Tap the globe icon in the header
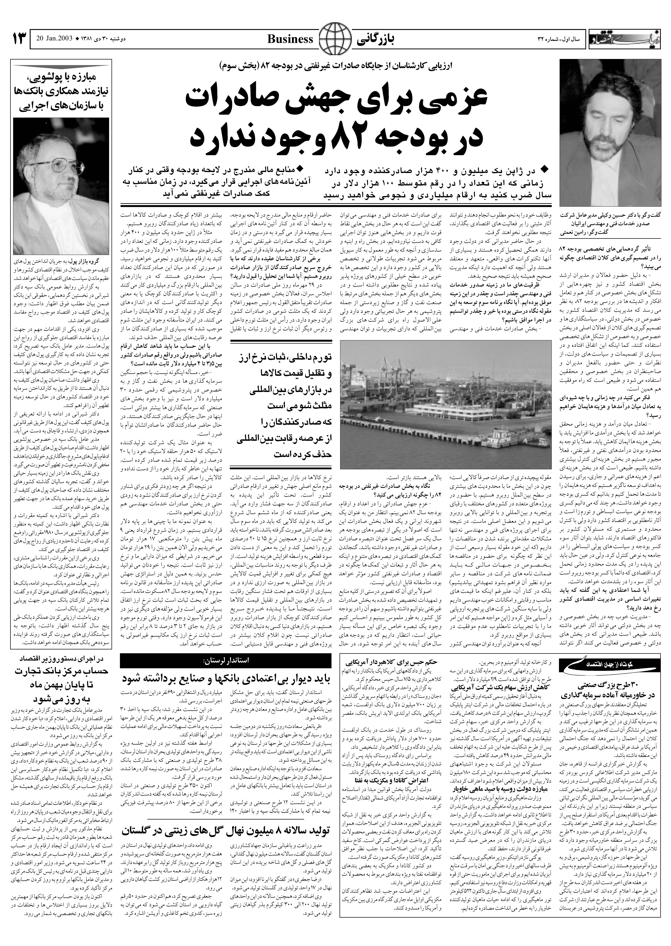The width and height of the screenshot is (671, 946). pyautogui.click(x=335, y=39)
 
